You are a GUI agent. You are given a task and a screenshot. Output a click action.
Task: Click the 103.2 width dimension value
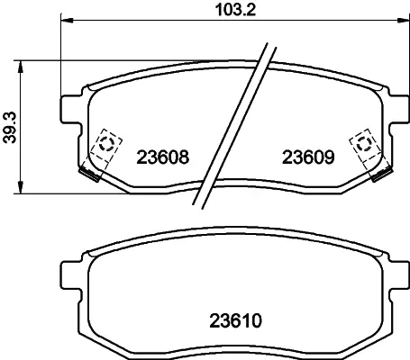235,10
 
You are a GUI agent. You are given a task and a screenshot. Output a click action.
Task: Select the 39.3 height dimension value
10,128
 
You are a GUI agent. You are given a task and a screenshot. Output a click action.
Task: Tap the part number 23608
163,157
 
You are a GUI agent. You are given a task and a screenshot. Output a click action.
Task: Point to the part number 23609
308,157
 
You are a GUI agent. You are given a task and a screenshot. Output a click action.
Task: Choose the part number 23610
235,320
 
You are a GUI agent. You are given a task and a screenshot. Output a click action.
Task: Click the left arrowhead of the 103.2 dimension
68,21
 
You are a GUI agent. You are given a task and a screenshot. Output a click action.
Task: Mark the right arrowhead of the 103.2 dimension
403,21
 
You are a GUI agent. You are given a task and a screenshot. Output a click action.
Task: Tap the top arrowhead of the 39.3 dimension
20,67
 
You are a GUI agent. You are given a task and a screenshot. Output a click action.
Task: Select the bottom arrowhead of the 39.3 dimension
20,187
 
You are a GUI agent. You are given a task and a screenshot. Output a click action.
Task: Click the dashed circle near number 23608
106,144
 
